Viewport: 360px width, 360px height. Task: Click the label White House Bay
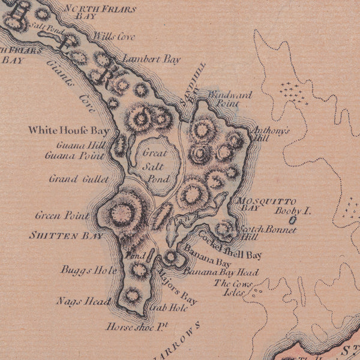point(70,130)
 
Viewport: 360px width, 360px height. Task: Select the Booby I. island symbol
point(292,221)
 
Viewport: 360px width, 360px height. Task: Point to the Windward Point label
point(230,99)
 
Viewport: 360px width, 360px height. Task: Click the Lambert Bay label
point(143,59)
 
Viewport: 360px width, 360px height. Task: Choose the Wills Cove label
point(115,37)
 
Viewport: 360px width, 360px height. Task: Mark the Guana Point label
point(74,155)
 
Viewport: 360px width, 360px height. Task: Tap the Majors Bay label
point(177,287)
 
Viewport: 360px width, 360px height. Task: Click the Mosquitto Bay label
point(259,204)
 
